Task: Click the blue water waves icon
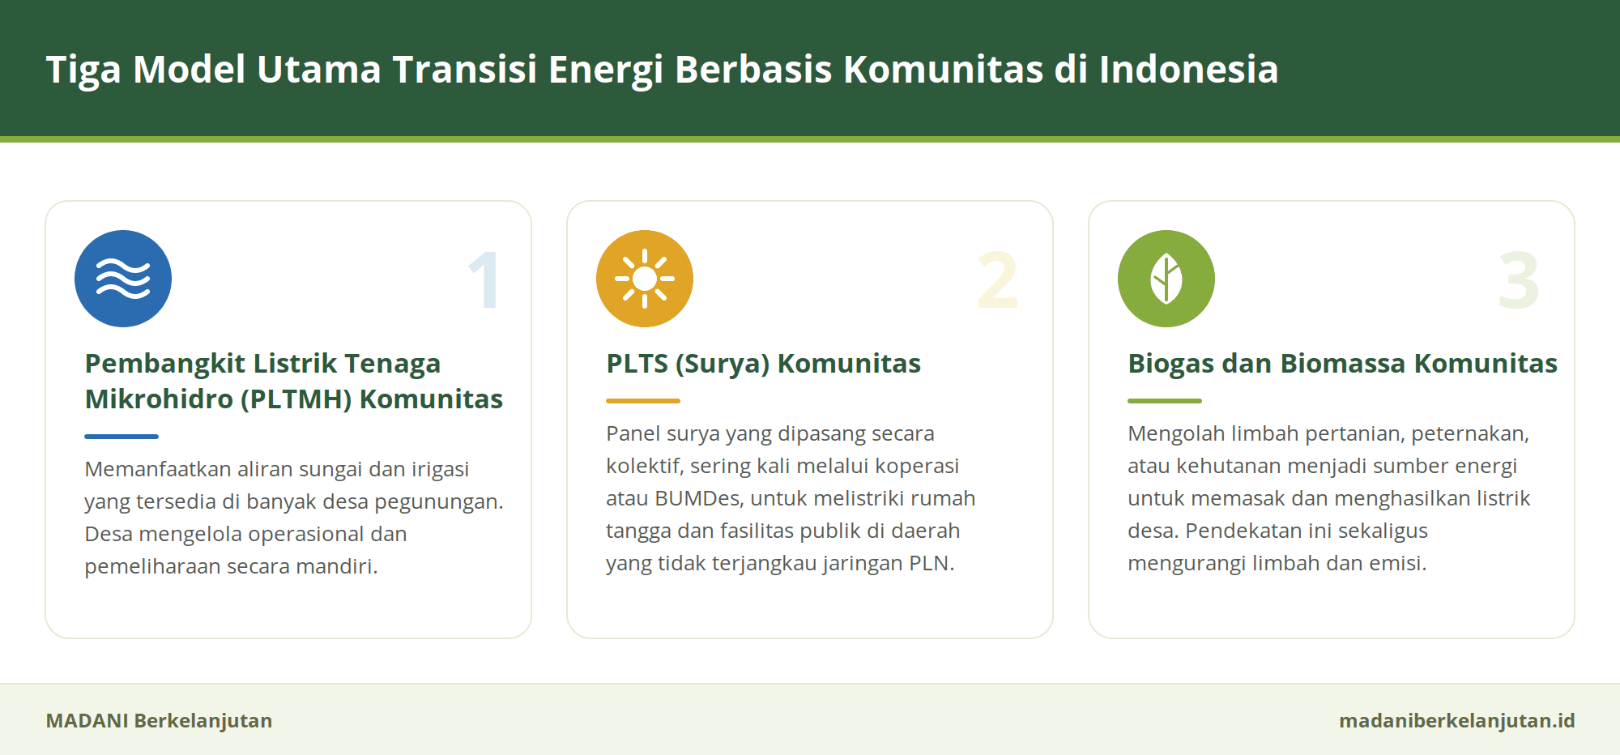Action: (123, 279)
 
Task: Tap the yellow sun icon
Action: (645, 279)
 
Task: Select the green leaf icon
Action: (1166, 279)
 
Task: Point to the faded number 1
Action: (484, 280)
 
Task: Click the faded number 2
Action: (997, 280)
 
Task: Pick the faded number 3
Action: (1519, 280)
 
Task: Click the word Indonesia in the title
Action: (1189, 70)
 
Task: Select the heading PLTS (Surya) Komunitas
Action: (764, 365)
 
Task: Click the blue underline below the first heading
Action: (122, 437)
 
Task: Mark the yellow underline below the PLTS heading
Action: (643, 401)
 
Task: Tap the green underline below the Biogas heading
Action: (1165, 401)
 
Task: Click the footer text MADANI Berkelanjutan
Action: (159, 721)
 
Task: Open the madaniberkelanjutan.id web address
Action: (1457, 721)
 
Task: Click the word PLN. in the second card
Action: (932, 563)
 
